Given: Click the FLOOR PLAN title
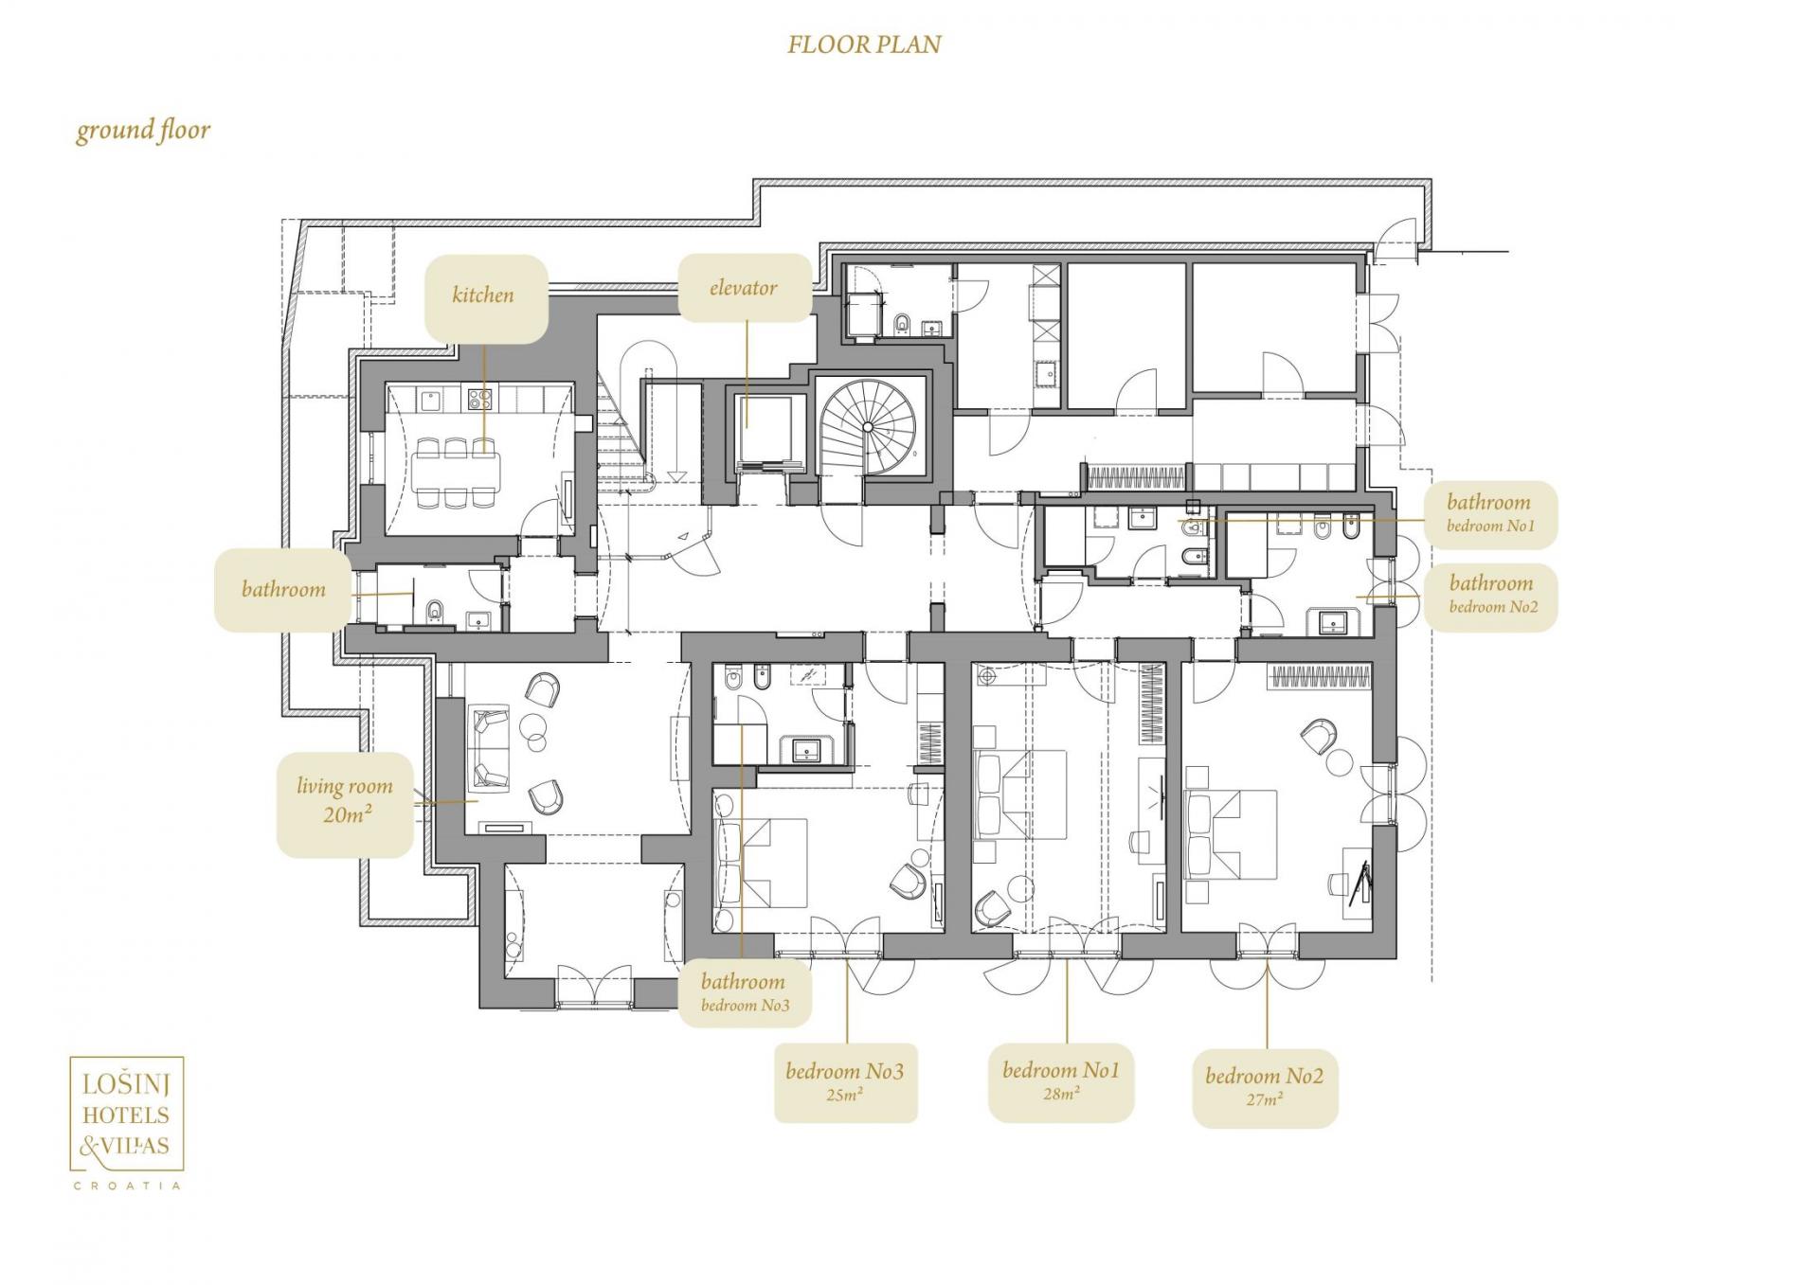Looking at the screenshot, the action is pyautogui.click(x=864, y=45).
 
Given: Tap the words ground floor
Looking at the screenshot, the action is pyautogui.click(x=143, y=130).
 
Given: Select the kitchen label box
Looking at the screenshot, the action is pyautogui.click(x=485, y=297).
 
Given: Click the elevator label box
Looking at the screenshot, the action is pyautogui.click(x=745, y=287).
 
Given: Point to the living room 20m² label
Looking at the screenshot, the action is pyautogui.click(x=345, y=804).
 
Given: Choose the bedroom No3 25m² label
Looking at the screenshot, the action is pyautogui.click(x=845, y=1082).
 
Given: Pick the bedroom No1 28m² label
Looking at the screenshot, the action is pyautogui.click(x=1061, y=1081).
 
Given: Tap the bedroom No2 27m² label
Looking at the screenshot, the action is pyautogui.click(x=1265, y=1086).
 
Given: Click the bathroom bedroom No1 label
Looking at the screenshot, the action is pyautogui.click(x=1489, y=514).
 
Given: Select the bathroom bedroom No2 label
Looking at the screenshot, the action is pyautogui.click(x=1490, y=596).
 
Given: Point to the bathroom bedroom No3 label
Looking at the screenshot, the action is pyautogui.click(x=745, y=992).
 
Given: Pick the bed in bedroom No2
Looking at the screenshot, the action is pyautogui.click(x=1231, y=836).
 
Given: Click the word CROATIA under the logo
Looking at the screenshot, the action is pyautogui.click(x=127, y=1186).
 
